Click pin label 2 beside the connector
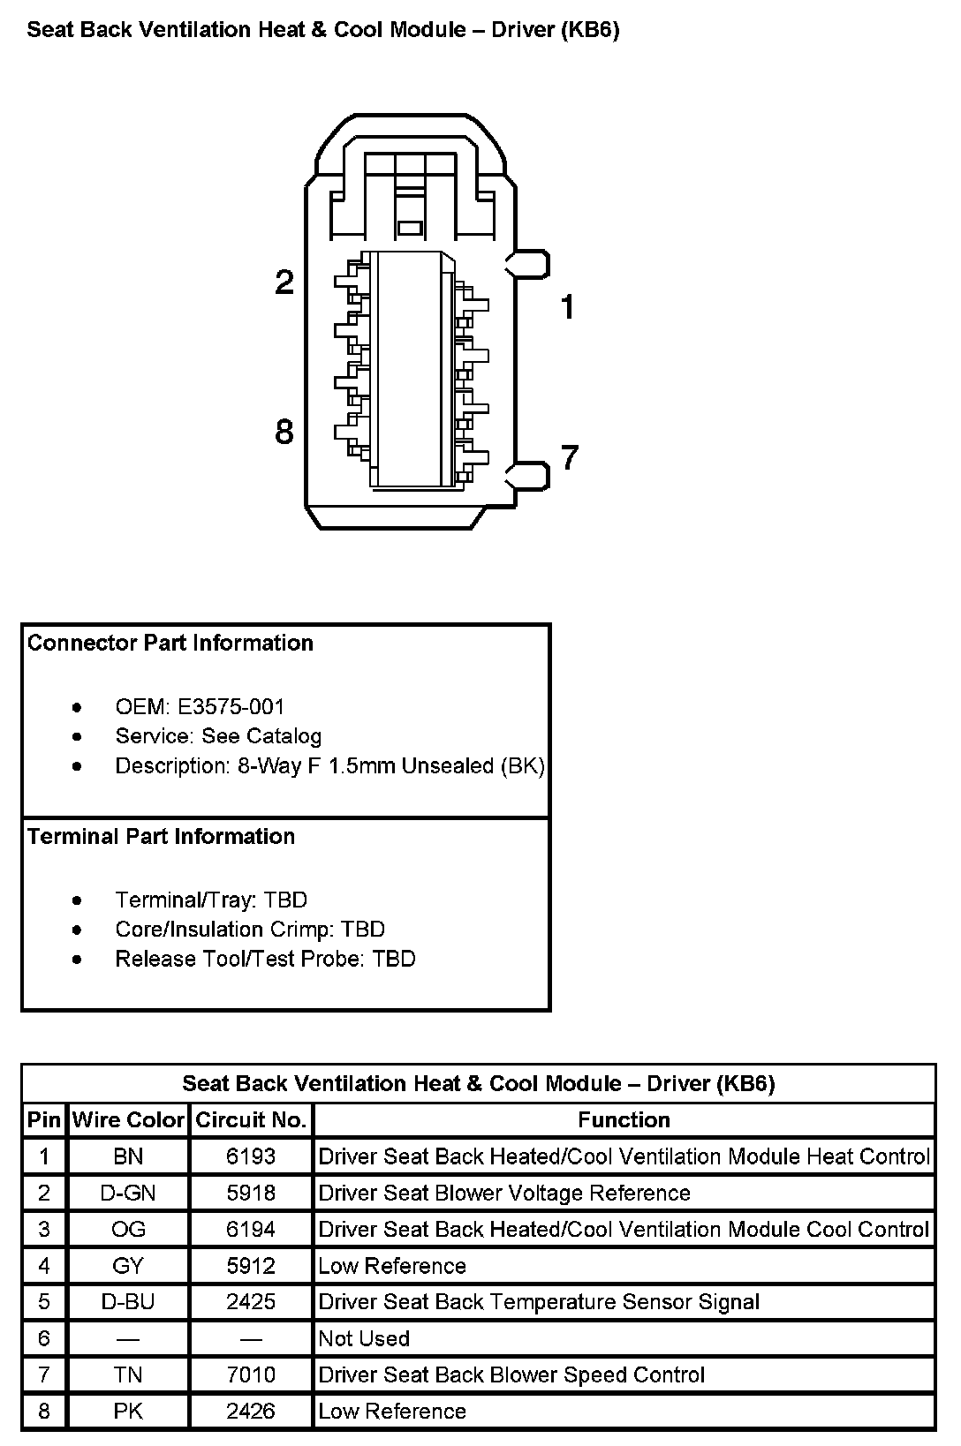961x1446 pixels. point(284,282)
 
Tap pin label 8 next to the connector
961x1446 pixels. point(284,433)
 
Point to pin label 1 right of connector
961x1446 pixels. point(568,307)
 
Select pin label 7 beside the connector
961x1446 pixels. point(570,457)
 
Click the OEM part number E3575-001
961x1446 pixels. point(231,707)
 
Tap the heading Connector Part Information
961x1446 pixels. point(170,644)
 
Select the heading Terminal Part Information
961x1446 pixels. point(162,837)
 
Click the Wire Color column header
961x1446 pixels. point(128,1120)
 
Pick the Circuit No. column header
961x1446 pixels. point(251,1120)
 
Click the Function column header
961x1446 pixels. point(624,1120)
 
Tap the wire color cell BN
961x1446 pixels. point(128,1156)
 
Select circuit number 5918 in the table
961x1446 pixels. point(251,1194)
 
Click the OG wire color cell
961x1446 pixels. point(128,1230)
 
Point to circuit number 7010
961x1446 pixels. point(251,1375)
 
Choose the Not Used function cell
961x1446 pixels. point(364,1339)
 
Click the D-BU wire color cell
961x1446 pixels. point(128,1302)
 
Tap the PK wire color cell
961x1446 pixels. point(128,1412)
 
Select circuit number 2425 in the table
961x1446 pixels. point(251,1302)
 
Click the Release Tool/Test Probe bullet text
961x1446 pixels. point(265,960)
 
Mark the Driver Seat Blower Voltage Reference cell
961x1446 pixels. point(504,1194)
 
